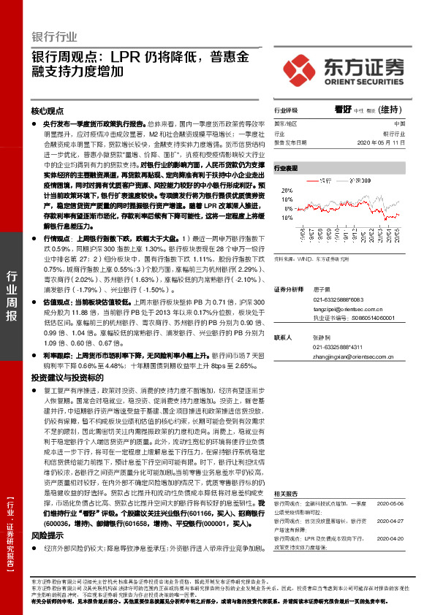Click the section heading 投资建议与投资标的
pyautogui.click(x=62, y=378)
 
